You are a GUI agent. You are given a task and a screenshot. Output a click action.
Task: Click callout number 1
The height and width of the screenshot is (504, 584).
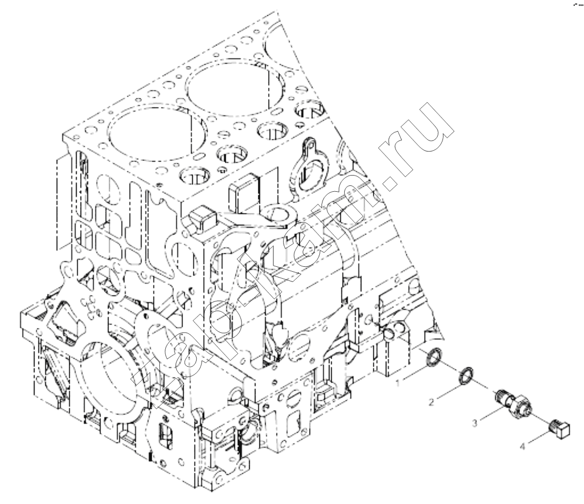point(398,382)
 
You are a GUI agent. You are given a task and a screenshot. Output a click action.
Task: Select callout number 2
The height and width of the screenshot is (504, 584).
point(431,402)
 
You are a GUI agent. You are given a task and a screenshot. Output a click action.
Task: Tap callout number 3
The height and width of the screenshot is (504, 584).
point(474,423)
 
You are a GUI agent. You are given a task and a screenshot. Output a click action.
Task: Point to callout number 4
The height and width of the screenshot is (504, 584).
point(522,446)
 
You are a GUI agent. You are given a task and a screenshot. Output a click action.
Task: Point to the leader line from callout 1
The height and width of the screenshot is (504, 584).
point(414,374)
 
